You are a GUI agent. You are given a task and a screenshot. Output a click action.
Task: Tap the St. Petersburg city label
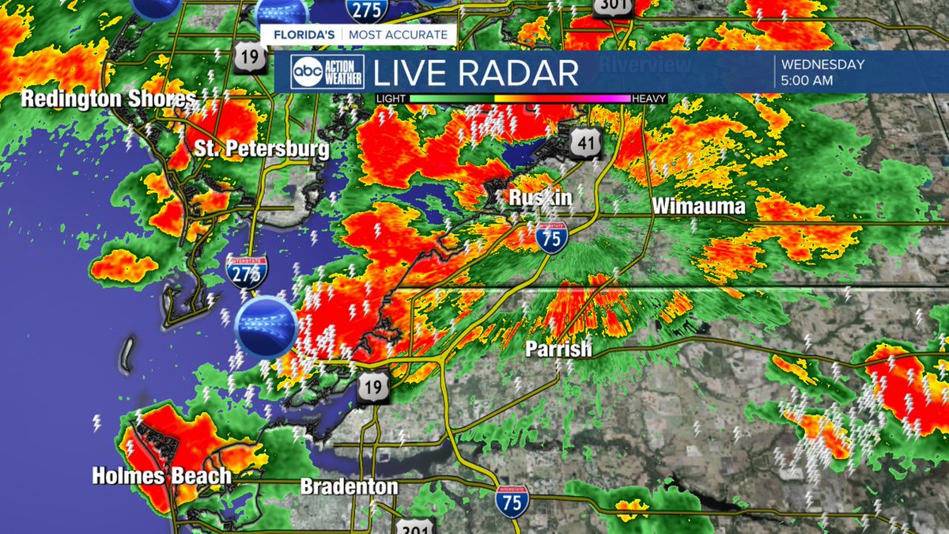coord(264,149)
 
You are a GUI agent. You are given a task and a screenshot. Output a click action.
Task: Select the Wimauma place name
coord(698,206)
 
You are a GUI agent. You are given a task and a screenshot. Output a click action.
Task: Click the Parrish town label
coord(559,349)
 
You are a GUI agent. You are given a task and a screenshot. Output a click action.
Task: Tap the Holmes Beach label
coord(161,476)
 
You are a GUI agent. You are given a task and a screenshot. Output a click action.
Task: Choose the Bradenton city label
coord(349,487)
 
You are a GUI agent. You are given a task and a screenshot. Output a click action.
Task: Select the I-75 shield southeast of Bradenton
coord(512,502)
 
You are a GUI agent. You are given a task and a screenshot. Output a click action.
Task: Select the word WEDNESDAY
coord(822,65)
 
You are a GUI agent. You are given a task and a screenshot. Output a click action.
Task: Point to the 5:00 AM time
coord(807,80)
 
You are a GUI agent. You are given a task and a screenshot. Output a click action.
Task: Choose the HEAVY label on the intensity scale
coord(649,99)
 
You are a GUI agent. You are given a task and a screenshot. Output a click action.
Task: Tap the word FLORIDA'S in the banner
coord(302,35)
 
